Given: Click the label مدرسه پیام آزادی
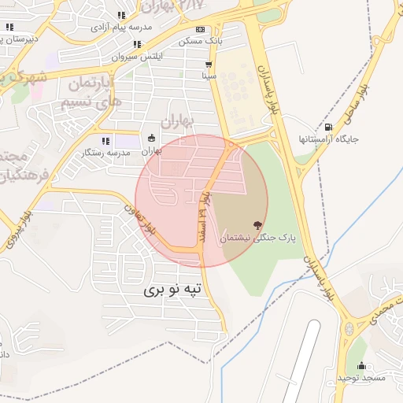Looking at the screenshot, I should [120, 27].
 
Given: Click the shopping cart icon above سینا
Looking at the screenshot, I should [209, 65].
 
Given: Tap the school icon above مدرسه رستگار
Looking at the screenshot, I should [105, 141].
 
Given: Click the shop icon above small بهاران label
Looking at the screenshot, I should [152, 139].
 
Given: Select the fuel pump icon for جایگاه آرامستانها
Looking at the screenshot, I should [328, 127].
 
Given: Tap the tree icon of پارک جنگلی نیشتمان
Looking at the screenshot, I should [256, 225].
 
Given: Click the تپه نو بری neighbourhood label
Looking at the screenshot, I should [173, 290].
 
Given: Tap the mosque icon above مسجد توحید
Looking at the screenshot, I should [361, 366].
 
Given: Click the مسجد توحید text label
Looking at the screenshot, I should [361, 379].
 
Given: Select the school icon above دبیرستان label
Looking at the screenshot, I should [9, 27].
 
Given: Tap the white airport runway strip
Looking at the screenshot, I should [299, 362].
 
